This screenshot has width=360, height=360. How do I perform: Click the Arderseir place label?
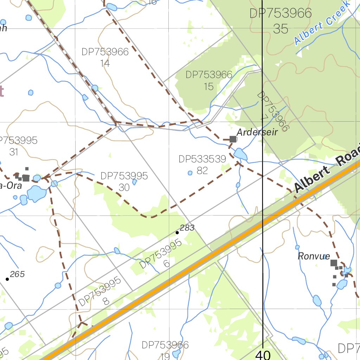coord(257,132)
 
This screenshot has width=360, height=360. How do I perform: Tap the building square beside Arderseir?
coord(233,139)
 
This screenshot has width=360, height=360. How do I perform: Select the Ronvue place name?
coord(314,256)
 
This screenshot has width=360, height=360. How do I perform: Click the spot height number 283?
coord(187,228)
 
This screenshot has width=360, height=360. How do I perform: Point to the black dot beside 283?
coord(177,232)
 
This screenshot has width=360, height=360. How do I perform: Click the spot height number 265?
coord(17,274)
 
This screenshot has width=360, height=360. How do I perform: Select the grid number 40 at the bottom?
coord(263,355)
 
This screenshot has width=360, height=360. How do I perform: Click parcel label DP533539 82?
coord(202,165)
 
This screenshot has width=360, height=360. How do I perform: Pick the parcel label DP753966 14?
coord(105,57)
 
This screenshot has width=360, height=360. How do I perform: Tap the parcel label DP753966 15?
coord(209,80)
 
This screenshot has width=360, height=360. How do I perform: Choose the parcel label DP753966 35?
coord(281,21)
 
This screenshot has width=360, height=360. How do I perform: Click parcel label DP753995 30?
coord(124,181)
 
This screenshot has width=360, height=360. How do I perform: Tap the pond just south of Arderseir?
coord(240,154)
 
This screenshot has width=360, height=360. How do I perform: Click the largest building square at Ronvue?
coord(334,263)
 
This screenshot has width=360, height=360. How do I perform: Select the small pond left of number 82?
coord(190,173)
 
